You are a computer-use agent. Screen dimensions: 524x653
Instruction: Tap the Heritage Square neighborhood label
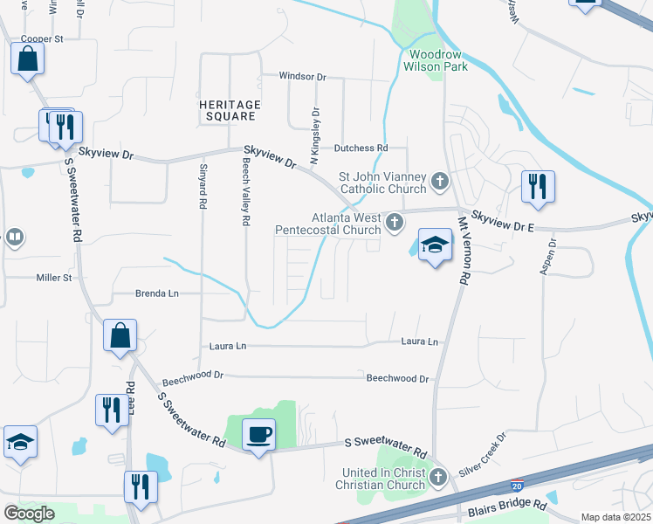point(230,110)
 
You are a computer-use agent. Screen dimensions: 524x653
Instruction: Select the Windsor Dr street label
point(302,77)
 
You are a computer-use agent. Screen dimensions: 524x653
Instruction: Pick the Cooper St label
point(43,39)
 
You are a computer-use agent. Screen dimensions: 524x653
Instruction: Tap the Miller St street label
point(52,278)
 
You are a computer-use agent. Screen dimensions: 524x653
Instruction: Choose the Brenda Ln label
point(157,294)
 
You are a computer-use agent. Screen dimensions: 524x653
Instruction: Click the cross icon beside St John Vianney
point(440,183)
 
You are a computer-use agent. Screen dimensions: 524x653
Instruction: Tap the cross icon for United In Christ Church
point(438,477)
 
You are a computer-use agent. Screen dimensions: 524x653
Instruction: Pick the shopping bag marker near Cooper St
point(27,60)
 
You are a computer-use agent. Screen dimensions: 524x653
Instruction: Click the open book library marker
point(14,238)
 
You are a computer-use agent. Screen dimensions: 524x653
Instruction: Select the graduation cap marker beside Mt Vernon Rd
point(434,246)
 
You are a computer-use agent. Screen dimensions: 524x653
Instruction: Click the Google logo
point(29,514)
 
